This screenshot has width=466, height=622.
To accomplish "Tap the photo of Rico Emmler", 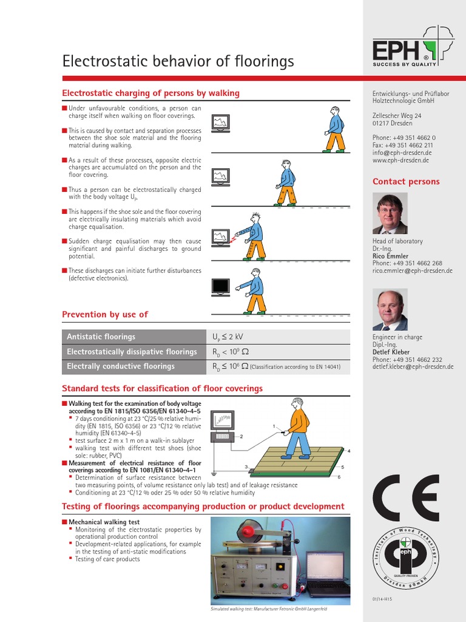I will click(x=390, y=214).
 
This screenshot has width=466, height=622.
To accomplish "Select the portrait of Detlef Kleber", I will click(x=390, y=310).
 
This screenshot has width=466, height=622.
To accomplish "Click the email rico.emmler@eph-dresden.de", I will click(x=413, y=271).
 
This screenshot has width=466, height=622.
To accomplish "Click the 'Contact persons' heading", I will click(x=406, y=182).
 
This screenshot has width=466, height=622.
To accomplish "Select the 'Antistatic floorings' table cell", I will click(x=101, y=337).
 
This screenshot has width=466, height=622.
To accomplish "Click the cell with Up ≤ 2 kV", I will click(x=228, y=337).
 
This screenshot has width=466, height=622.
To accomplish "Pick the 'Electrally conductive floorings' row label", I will click(x=121, y=366).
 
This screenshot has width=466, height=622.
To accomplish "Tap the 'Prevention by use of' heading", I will click(x=105, y=314).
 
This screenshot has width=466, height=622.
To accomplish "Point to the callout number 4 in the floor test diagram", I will click(x=349, y=451).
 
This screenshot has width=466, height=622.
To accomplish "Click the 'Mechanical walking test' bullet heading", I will click(x=104, y=522).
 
